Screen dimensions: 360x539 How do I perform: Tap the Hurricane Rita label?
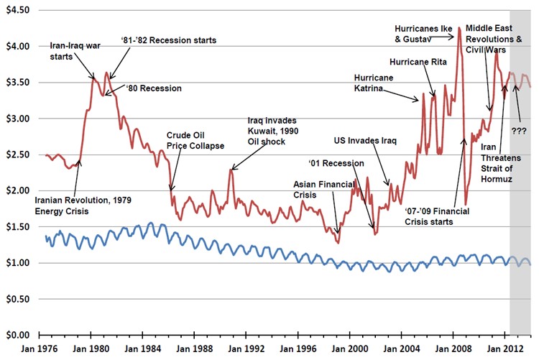pyautogui.click(x=418, y=63)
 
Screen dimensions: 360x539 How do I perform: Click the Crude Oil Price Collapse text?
pyautogui.click(x=195, y=140)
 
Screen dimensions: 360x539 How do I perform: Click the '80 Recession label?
pyautogui.click(x=153, y=88)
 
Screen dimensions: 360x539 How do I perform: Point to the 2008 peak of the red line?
pyautogui.click(x=459, y=28)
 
